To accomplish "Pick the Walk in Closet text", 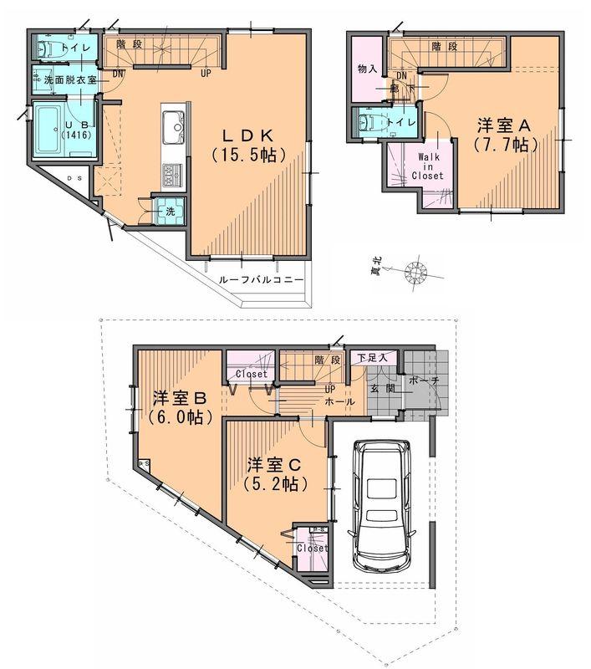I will (x=427, y=165).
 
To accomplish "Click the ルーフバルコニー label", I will (x=261, y=279).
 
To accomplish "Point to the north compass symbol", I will (x=413, y=273).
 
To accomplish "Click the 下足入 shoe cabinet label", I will (x=372, y=359).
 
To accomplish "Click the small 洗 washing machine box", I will (x=170, y=211).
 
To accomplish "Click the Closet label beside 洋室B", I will (x=251, y=374).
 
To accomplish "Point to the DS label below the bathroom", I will (x=74, y=178).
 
